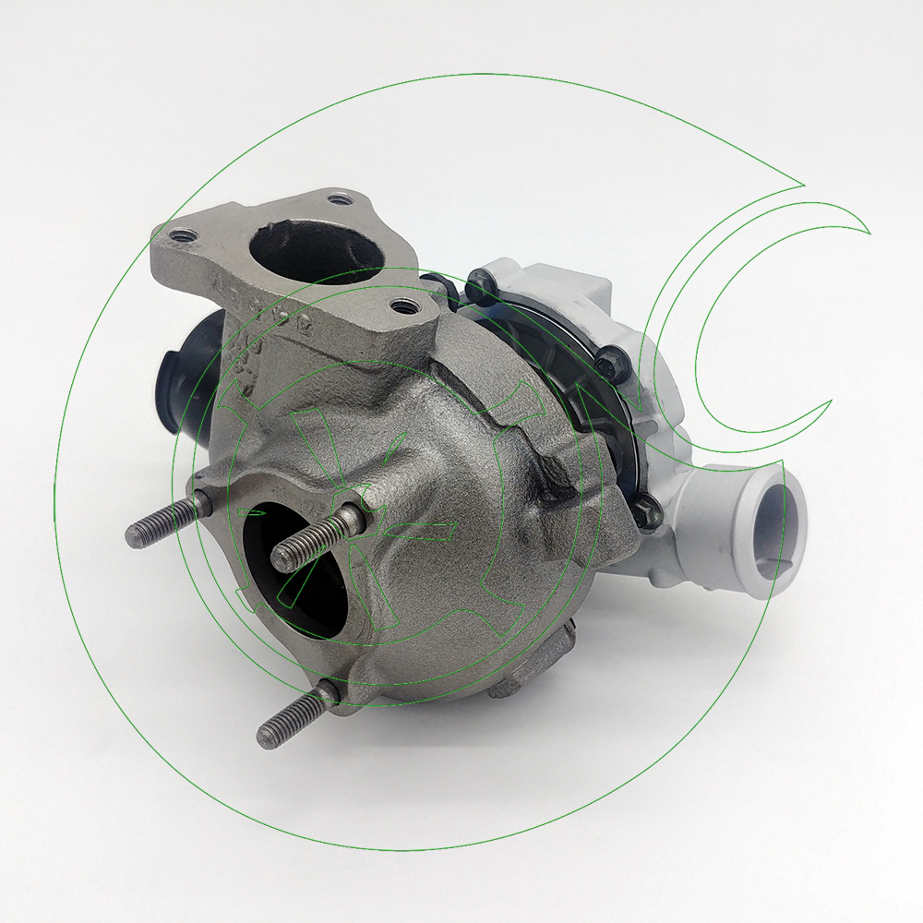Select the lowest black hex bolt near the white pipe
click(649, 507)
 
